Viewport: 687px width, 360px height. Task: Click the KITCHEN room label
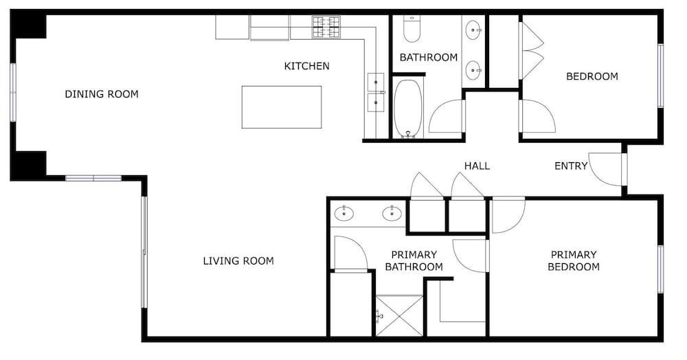click(306, 66)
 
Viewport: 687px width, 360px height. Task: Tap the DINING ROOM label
click(102, 94)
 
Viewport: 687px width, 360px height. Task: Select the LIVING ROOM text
click(238, 261)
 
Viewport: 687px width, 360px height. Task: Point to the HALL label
click(477, 166)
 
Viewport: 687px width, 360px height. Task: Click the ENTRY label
click(571, 166)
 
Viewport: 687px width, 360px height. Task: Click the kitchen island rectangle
click(282, 107)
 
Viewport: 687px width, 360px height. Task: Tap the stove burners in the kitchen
click(326, 27)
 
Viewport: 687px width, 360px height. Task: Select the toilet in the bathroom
click(412, 29)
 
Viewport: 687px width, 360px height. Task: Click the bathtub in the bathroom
click(408, 109)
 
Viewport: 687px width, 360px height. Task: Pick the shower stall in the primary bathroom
click(399, 316)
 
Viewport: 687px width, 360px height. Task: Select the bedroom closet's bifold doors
click(531, 51)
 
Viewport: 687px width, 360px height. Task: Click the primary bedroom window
click(660, 269)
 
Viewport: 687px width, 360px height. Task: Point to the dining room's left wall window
click(13, 93)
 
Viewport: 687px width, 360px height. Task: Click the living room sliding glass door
click(144, 252)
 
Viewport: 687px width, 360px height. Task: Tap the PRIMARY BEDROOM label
click(574, 261)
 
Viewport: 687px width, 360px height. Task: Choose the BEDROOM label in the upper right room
click(592, 77)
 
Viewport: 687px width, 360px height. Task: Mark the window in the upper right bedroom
click(660, 76)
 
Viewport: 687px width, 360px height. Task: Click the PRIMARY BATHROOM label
click(414, 261)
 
